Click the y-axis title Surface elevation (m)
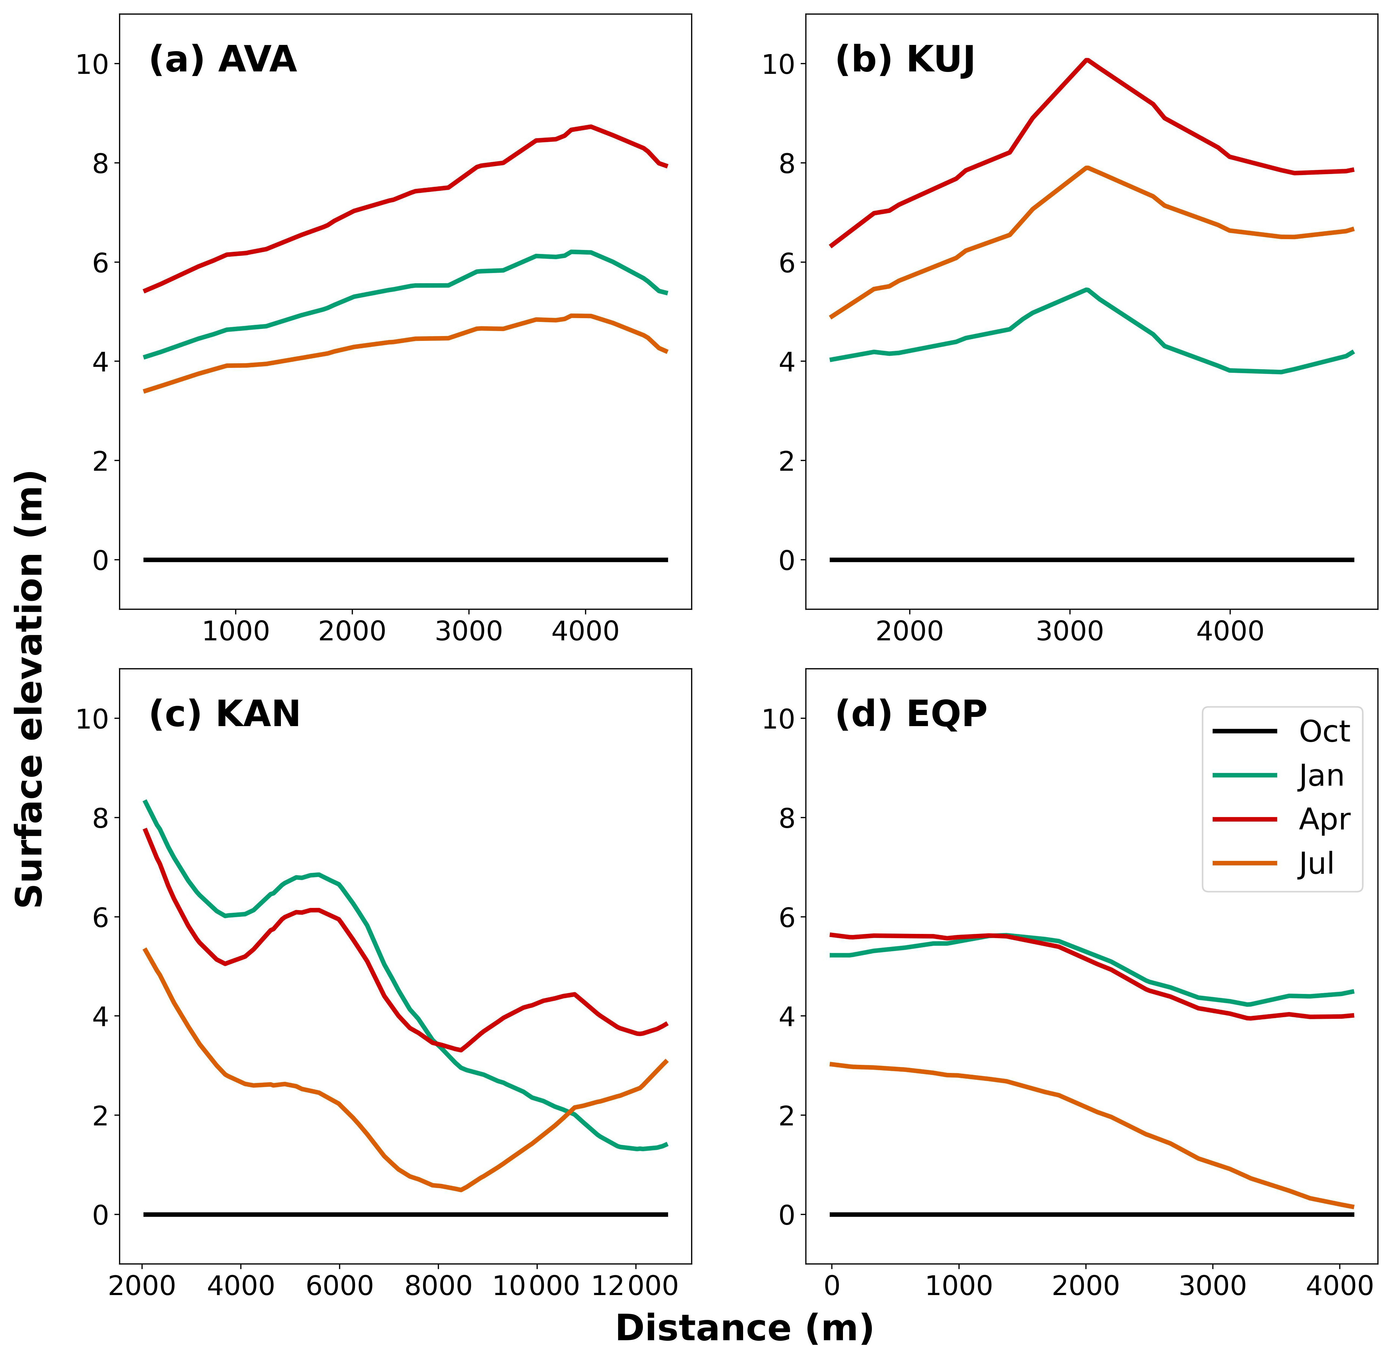(x=30, y=689)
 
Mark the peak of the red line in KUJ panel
(x=1086, y=60)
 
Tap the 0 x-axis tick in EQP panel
(x=831, y=1286)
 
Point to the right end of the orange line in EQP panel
(x=1352, y=1207)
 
